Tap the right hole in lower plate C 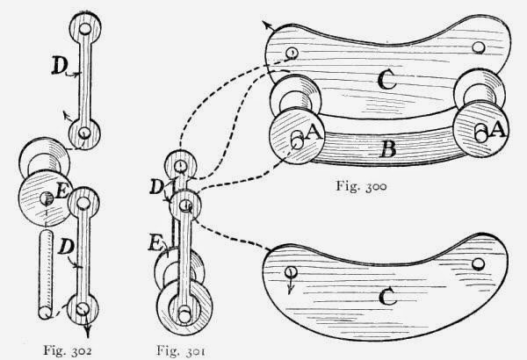(x=478, y=263)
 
